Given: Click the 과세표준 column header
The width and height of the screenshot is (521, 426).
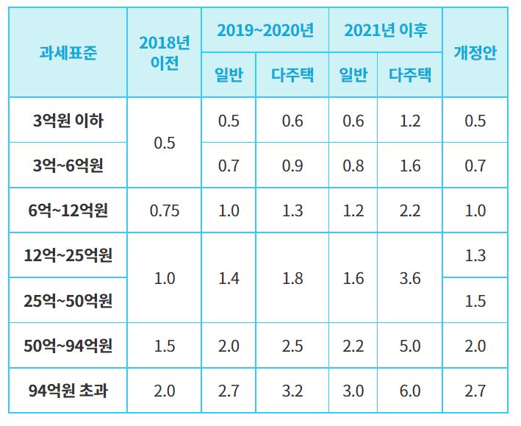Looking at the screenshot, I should (x=68, y=53).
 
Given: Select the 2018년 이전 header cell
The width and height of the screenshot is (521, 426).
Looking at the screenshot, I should (x=164, y=53).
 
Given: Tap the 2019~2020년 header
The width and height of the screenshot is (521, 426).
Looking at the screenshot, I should (x=265, y=30).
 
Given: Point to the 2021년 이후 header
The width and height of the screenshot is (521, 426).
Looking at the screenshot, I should (x=385, y=30).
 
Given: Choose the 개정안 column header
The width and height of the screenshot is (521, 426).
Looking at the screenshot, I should (x=475, y=53).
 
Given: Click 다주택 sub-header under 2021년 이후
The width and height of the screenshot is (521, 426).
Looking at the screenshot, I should (x=410, y=74).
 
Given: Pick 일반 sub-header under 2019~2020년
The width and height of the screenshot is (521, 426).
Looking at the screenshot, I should (x=229, y=74).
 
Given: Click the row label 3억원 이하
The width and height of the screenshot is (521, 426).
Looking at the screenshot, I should (x=68, y=121).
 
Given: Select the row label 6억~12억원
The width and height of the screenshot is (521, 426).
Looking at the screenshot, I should (x=68, y=210).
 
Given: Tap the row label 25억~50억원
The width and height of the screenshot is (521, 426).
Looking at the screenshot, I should (x=68, y=300).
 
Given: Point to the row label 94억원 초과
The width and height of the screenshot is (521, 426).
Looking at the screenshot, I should (x=68, y=390).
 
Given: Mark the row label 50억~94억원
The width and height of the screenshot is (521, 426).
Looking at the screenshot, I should (x=68, y=345).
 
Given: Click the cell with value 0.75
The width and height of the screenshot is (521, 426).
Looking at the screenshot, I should (x=164, y=210).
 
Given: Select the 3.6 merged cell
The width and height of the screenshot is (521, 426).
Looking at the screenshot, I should (x=410, y=278).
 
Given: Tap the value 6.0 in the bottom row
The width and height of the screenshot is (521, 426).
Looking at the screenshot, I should (x=410, y=390).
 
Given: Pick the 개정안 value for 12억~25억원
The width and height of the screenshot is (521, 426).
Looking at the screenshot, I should (x=475, y=255).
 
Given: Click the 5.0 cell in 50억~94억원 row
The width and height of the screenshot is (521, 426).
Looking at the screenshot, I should (x=410, y=345).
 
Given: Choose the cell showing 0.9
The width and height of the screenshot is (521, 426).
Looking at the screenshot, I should (x=292, y=166).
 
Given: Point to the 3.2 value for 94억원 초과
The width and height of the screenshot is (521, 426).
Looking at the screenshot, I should (x=292, y=390).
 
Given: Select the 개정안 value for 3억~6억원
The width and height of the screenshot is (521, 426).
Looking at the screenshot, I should (x=475, y=166).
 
